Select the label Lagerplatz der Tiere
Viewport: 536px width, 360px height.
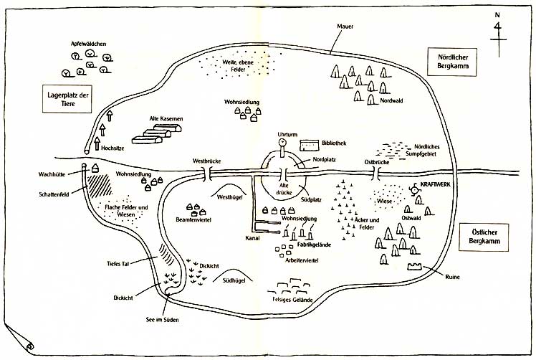(x=67, y=100)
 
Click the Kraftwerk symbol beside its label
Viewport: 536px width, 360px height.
(x=413, y=188)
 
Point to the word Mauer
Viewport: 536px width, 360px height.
(x=346, y=27)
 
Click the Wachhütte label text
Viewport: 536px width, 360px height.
(x=52, y=174)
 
